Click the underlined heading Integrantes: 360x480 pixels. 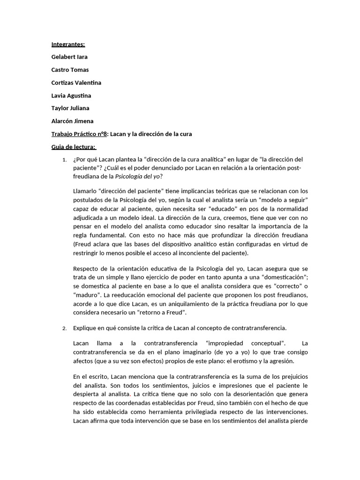pyautogui.click(x=68, y=44)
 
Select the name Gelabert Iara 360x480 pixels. pyautogui.click(x=69, y=57)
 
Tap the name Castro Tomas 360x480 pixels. pyautogui.click(x=70, y=70)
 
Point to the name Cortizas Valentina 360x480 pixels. pyautogui.click(x=76, y=82)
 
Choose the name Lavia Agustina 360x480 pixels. pyautogui.click(x=71, y=96)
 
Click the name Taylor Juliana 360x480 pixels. pyautogui.click(x=70, y=108)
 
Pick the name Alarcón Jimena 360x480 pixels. pyautogui.click(x=72, y=121)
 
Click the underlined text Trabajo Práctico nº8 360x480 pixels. pyautogui.click(x=79, y=134)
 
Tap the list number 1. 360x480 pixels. pyautogui.click(x=64, y=160)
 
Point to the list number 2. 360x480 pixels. pyautogui.click(x=64, y=328)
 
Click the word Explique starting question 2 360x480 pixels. pyautogui.click(x=85, y=328)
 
